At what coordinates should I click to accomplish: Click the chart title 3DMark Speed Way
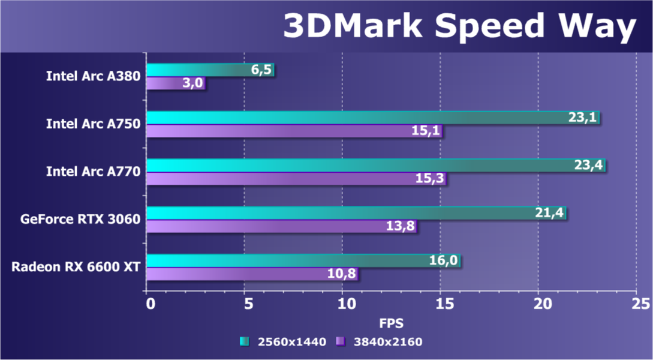[459, 27]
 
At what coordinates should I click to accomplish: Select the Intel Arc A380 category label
[93, 76]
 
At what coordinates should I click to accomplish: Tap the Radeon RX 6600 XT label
[76, 267]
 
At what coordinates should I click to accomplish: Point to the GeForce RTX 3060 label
[80, 220]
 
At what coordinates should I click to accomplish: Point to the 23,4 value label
[588, 165]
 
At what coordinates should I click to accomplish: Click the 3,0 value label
[192, 83]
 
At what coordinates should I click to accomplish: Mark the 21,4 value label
[549, 213]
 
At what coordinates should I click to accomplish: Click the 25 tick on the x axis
[636, 304]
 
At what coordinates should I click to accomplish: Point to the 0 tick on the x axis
[149, 304]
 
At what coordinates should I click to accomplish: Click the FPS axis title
[392, 323]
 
